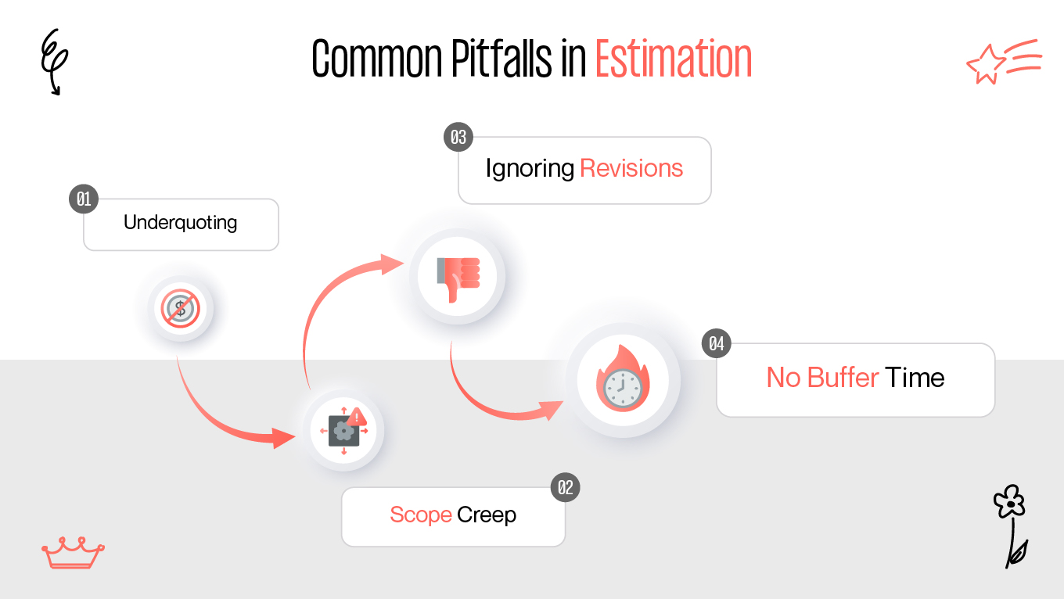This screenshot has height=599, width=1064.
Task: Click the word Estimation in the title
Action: pos(673,59)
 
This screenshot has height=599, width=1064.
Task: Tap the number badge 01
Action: pos(83,199)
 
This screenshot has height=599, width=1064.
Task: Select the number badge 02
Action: pos(565,488)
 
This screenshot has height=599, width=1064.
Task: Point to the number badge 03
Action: pos(458,138)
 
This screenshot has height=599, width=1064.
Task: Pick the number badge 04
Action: pos(716,343)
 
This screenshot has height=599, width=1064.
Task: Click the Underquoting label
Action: pos(181,223)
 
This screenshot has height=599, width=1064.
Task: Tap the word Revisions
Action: pos(631,168)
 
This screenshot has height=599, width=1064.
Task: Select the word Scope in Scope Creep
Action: pos(421,515)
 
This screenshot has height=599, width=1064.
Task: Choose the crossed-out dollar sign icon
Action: pos(181,308)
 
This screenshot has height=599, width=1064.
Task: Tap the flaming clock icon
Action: pos(623,380)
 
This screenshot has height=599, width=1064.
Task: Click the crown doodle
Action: pos(72,553)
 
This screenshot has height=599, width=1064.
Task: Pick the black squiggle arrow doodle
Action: pos(54,61)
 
